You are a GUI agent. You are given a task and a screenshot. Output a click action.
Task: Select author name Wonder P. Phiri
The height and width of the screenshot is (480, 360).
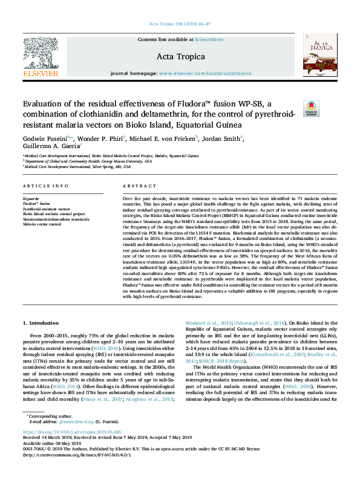(x=101, y=138)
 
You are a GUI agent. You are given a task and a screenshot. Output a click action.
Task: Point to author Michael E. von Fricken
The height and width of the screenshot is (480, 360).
(x=163, y=138)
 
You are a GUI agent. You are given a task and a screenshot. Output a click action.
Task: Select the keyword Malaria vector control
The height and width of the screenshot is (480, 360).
(x=42, y=224)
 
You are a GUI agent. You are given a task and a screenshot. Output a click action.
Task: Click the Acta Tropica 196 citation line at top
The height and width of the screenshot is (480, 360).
(x=180, y=25)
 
